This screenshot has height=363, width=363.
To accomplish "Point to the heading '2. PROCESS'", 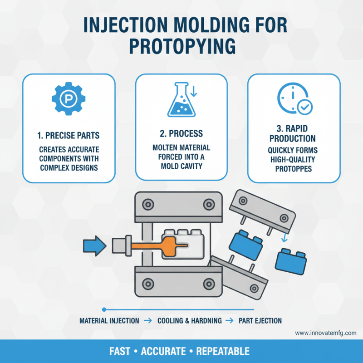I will tap(181, 135).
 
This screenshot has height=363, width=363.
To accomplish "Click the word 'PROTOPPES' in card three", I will tap(294, 169).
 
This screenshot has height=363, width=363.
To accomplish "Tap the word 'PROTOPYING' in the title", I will tap(181, 46).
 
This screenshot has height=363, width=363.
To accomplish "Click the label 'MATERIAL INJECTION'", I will tap(109, 321).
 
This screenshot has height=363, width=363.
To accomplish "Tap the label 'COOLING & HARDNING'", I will tap(190, 321).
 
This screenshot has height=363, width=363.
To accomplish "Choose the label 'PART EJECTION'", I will tap(260, 321).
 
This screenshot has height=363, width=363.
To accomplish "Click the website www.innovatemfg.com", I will tap(325, 333).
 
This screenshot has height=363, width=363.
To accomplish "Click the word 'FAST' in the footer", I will tap(121, 352).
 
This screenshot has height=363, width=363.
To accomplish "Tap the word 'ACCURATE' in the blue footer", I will tap(164, 352).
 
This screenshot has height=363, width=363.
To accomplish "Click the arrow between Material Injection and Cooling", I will tap(147, 321).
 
